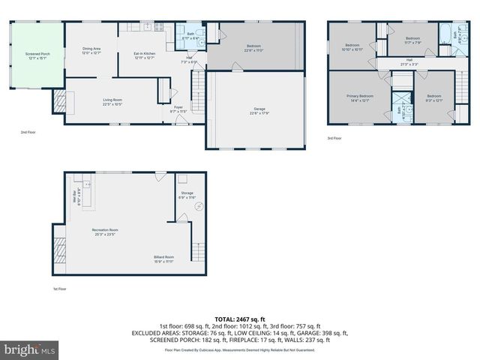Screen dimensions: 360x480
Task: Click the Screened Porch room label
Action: (31, 57)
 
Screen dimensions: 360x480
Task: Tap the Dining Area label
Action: (91, 51)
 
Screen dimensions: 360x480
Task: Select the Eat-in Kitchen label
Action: (144, 55)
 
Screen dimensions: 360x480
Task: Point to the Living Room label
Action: (113, 101)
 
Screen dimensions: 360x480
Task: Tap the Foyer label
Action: (178, 109)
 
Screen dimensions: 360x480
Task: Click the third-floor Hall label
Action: (409, 62)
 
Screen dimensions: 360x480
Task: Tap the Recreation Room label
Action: (105, 232)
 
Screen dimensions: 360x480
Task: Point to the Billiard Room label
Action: (163, 259)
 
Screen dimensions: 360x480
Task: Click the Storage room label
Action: (187, 195)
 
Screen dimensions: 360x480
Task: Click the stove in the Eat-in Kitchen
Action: (159, 27)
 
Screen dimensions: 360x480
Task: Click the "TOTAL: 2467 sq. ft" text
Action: (239, 319)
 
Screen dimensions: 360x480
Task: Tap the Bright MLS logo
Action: (30, 349)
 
